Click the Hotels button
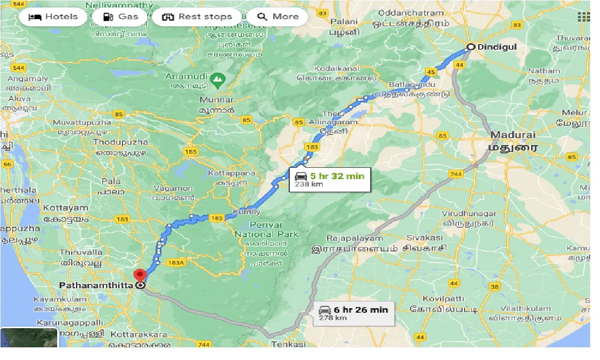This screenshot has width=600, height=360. (53, 17)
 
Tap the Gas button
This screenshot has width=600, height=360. (121, 17)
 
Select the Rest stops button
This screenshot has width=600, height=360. (197, 17)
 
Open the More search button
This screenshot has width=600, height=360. (277, 17)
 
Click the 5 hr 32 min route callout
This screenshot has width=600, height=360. (330, 180)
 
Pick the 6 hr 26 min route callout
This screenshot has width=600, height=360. (354, 313)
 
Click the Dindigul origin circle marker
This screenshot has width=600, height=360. (471, 46)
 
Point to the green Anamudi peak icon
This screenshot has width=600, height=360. (217, 80)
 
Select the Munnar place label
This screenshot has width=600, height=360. (216, 100)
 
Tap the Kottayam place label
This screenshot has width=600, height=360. (66, 208)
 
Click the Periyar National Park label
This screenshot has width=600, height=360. (266, 229)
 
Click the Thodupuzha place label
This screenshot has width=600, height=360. (120, 142)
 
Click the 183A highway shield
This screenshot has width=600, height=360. (176, 263)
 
